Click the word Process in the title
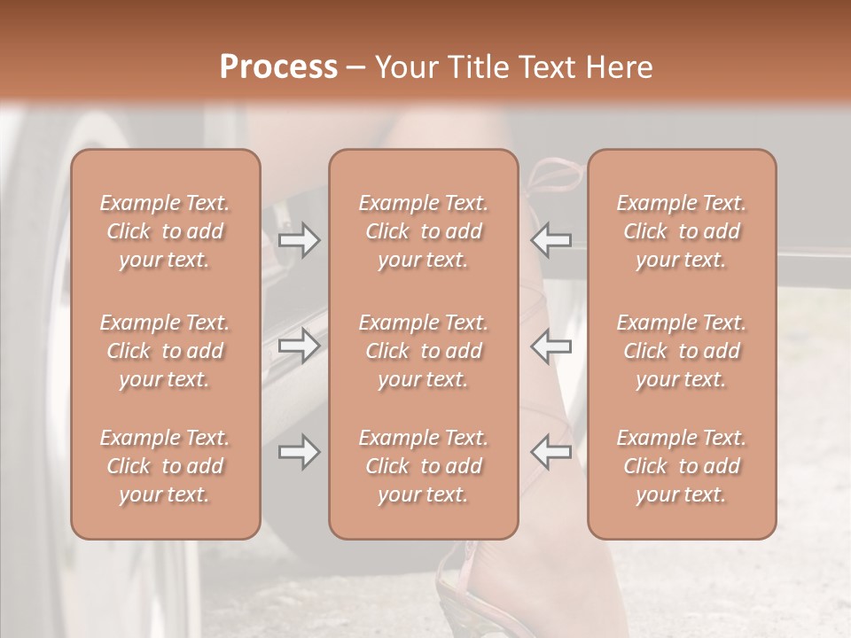tap(278, 67)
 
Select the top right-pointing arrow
tap(299, 241)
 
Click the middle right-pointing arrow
tap(299, 346)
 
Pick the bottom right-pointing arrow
tap(299, 453)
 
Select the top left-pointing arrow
tap(550, 241)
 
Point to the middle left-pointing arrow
tap(550, 346)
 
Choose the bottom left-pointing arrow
tap(550, 453)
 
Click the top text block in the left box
tap(165, 231)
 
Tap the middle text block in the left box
tap(165, 351)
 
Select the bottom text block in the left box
tap(165, 466)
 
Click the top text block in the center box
tap(423, 231)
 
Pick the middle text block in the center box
tap(423, 351)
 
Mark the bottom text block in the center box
tap(423, 466)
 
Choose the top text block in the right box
tap(681, 231)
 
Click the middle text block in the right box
tap(681, 351)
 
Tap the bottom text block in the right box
tap(681, 466)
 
